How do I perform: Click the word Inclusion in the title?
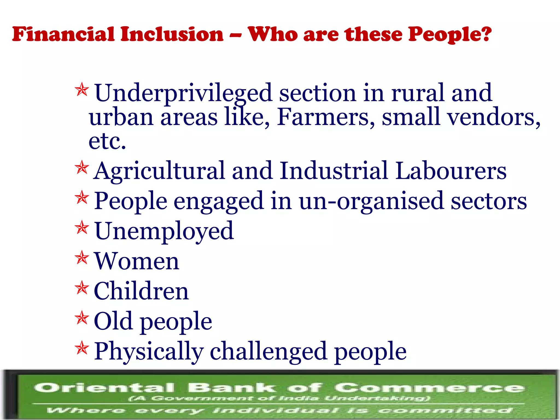pos(172,34)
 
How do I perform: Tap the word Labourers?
pos(451,171)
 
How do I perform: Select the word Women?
pos(136,261)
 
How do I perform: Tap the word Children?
pos(141,291)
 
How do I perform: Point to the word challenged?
pos(268,351)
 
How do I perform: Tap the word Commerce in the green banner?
pos(429,388)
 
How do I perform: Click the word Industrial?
pos(334,171)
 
